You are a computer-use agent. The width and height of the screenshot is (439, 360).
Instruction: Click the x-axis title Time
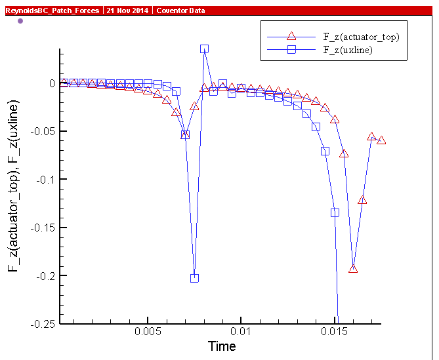click(x=222, y=346)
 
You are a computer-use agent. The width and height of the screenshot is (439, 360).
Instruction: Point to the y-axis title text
click(x=14, y=186)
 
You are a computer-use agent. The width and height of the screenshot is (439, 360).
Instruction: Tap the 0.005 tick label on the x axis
click(x=148, y=332)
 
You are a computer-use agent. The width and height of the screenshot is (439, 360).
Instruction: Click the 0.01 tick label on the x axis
click(x=241, y=332)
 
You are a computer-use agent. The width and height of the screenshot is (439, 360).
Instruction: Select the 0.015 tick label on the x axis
click(x=335, y=332)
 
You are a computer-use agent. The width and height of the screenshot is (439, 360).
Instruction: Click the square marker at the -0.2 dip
click(x=194, y=278)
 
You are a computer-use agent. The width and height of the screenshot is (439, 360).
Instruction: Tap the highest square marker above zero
click(x=204, y=49)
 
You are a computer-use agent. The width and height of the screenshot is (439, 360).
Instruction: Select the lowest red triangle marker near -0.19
click(x=353, y=268)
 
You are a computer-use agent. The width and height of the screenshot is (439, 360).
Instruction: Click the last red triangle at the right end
click(x=381, y=140)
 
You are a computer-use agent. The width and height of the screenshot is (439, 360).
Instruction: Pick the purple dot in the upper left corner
click(x=20, y=21)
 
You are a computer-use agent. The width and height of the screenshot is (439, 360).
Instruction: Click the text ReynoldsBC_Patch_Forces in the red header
click(x=52, y=10)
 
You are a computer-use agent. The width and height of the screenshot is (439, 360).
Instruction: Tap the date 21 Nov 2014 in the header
click(x=127, y=10)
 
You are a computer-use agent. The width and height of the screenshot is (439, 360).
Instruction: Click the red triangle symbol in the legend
click(x=293, y=37)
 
